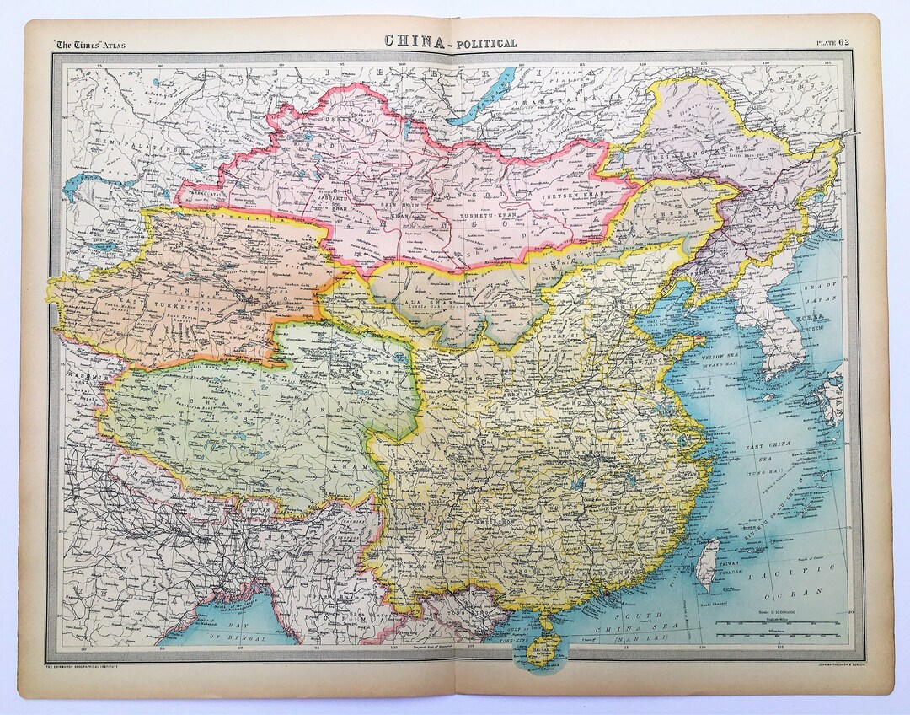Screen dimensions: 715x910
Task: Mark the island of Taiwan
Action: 709,561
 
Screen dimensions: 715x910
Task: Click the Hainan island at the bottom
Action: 540,649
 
